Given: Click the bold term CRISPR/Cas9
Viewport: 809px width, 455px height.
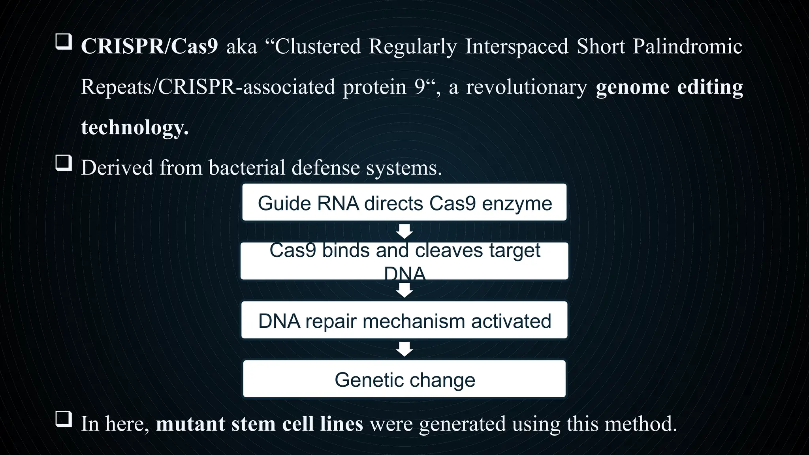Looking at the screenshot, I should tap(149, 47).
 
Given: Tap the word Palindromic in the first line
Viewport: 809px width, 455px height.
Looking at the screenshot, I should tap(687, 47).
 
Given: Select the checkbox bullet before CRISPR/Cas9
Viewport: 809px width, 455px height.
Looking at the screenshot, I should tap(63, 41).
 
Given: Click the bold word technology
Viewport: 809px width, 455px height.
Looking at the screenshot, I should tap(134, 128).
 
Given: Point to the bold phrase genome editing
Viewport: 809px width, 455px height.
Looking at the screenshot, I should tap(669, 87).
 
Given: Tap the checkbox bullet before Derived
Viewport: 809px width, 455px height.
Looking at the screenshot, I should tap(63, 163).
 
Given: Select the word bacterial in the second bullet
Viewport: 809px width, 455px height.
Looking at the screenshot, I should tap(246, 168).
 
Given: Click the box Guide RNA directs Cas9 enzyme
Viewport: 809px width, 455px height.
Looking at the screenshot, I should tap(404, 202).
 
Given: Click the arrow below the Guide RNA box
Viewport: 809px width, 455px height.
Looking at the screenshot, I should tap(404, 231).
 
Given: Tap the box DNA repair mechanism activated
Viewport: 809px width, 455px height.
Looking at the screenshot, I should tap(404, 320).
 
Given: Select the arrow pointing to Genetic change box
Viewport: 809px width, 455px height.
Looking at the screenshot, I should tap(404, 349).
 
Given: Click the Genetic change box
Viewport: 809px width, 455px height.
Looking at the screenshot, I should tap(404, 379).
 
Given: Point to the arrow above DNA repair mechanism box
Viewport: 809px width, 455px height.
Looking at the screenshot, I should tap(404, 291).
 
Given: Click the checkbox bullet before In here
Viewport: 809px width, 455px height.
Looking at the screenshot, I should tap(63, 419).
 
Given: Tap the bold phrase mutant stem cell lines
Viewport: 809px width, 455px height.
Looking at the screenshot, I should tap(259, 424).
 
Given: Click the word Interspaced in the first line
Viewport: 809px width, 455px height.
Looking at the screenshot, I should tap(516, 47).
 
